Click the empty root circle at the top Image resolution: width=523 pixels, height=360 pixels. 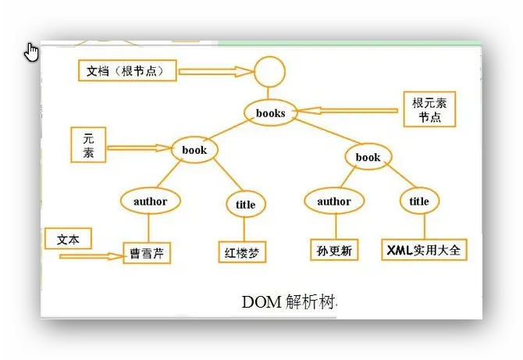click(x=270, y=73)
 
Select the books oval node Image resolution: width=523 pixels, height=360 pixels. click(x=271, y=113)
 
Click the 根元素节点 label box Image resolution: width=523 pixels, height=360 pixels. click(x=429, y=110)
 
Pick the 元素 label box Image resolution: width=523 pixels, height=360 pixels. click(x=88, y=144)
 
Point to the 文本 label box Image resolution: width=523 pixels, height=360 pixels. click(x=68, y=238)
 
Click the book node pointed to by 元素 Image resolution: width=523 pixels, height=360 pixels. click(x=194, y=150)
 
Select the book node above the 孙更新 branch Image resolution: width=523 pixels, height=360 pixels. click(x=368, y=157)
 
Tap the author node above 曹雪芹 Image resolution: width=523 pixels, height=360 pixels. click(x=150, y=201)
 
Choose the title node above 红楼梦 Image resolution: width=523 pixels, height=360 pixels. click(x=245, y=205)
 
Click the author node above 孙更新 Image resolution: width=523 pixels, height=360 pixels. click(x=334, y=201)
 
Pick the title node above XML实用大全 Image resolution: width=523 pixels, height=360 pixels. click(x=419, y=201)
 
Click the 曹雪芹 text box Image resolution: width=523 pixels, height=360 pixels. click(x=147, y=254)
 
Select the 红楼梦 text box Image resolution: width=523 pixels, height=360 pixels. click(x=242, y=252)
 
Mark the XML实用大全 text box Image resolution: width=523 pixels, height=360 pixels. click(x=424, y=250)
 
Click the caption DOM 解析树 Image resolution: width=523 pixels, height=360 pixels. click(x=289, y=301)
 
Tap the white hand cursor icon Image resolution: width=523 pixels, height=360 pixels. click(x=32, y=52)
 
